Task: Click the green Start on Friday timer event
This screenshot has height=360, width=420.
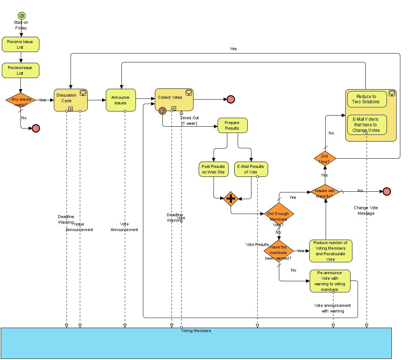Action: point(22,16)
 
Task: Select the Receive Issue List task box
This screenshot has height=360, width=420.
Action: point(20,44)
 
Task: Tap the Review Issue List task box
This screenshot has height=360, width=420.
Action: point(20,70)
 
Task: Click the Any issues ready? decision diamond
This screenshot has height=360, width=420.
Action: point(20,100)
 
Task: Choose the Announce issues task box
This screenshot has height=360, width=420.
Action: point(121,100)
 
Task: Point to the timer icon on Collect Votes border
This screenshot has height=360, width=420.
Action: point(162,111)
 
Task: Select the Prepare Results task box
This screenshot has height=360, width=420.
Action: point(232,126)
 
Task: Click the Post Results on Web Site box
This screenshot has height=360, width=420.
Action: point(214,169)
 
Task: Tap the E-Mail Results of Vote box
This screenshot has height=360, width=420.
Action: point(251,169)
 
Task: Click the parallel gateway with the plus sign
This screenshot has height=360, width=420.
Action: point(231,199)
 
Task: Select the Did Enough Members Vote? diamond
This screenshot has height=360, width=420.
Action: point(279,214)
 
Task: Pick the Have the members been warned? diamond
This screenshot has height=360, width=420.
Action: point(279,251)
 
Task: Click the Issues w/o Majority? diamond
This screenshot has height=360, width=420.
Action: point(325,192)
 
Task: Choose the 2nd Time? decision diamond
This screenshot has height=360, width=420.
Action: point(325,159)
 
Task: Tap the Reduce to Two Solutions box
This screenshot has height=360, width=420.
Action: point(367,99)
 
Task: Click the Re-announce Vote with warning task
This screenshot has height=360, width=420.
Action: point(330,281)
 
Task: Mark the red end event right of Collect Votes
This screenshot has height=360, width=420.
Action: point(231,99)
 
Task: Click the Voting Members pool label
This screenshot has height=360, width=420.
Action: point(196,331)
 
